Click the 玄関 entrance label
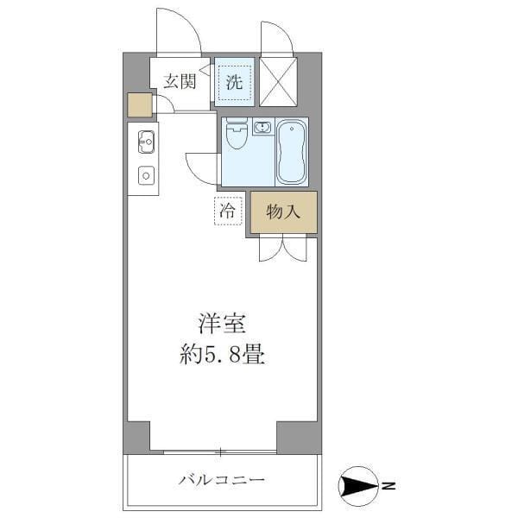pos(180,82)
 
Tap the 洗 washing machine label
pos(234,83)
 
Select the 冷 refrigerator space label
pos(227,210)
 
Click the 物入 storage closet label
pos(283,212)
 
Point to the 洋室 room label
pos(223,325)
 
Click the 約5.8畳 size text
pos(223,354)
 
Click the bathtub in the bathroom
pos(292,152)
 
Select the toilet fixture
pos(235,136)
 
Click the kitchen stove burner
pos(145,175)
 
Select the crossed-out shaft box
pos(278,83)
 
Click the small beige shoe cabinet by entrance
pos(139,104)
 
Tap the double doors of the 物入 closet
pos(282,248)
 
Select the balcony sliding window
pos(220,452)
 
